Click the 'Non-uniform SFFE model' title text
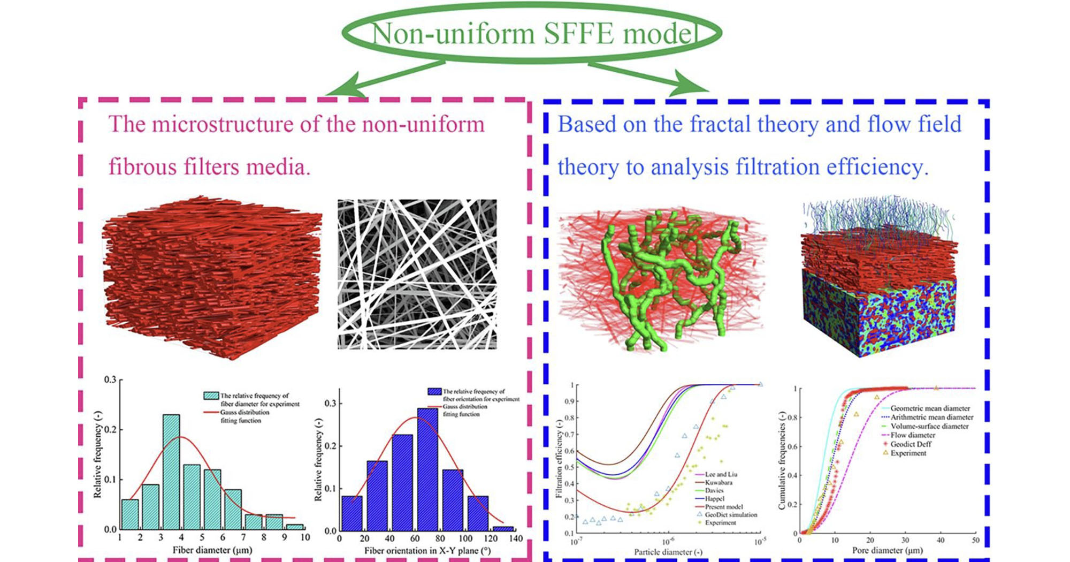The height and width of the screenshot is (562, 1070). (532, 33)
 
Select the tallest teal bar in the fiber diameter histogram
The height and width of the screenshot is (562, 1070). (171, 471)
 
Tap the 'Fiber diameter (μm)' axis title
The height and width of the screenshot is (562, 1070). (212, 550)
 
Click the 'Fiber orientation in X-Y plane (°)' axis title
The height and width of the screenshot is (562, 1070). (427, 551)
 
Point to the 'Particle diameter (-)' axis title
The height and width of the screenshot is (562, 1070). (668, 552)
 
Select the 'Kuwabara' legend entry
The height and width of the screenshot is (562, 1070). (719, 482)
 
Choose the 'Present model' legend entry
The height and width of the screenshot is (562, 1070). (723, 506)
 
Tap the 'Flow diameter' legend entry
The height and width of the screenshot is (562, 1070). (913, 435)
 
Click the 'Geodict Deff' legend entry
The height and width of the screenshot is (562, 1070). (911, 444)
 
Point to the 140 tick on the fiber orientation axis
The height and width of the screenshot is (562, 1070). (516, 538)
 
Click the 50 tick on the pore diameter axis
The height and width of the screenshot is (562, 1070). (975, 540)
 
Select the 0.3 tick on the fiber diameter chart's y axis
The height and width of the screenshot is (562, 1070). (110, 379)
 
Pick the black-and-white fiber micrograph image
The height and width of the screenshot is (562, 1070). (417, 274)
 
